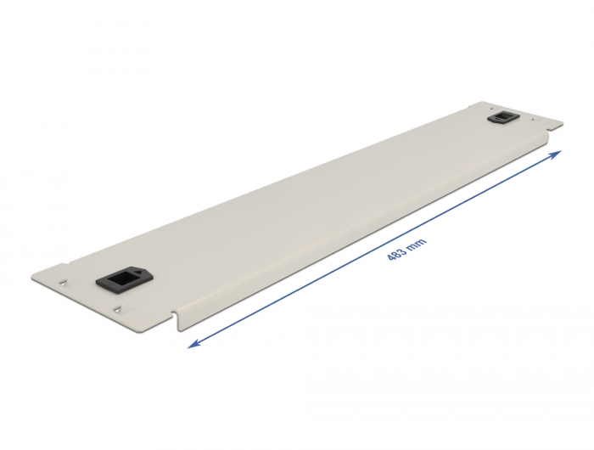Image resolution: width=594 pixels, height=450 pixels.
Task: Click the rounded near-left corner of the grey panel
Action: (33, 277)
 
